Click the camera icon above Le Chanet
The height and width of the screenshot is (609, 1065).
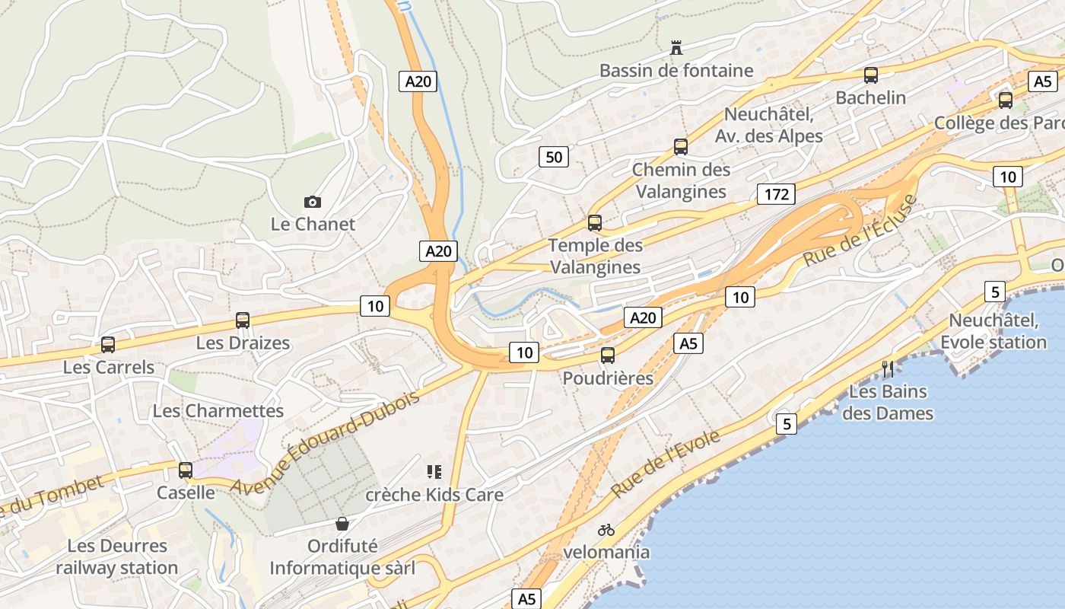[x=312, y=202]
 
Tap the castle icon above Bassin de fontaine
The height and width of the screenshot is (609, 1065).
[x=676, y=48]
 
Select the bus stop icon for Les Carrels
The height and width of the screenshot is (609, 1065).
[x=108, y=345]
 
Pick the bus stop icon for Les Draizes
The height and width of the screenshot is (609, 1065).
[x=243, y=320]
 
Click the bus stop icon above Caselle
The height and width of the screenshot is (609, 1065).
[x=186, y=470]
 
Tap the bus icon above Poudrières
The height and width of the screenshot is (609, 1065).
[x=607, y=356]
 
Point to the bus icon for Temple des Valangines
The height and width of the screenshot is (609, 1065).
[x=595, y=223]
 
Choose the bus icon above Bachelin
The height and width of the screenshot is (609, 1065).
[x=871, y=75]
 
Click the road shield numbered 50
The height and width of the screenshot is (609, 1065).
[x=554, y=158]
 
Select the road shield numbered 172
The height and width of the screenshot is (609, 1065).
[x=776, y=194]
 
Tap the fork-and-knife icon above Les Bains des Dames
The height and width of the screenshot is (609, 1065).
[x=887, y=369]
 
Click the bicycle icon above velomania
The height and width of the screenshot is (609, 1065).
[x=606, y=530]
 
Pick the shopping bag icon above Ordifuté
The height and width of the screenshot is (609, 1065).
[x=342, y=524]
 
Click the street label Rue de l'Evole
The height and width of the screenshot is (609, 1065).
[x=666, y=464]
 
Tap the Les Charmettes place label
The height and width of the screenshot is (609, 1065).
[x=218, y=411]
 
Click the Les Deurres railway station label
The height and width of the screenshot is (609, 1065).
[x=116, y=557]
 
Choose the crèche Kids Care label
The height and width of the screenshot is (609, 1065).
[x=434, y=495]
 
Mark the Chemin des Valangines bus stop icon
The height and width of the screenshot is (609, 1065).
[x=681, y=147]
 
